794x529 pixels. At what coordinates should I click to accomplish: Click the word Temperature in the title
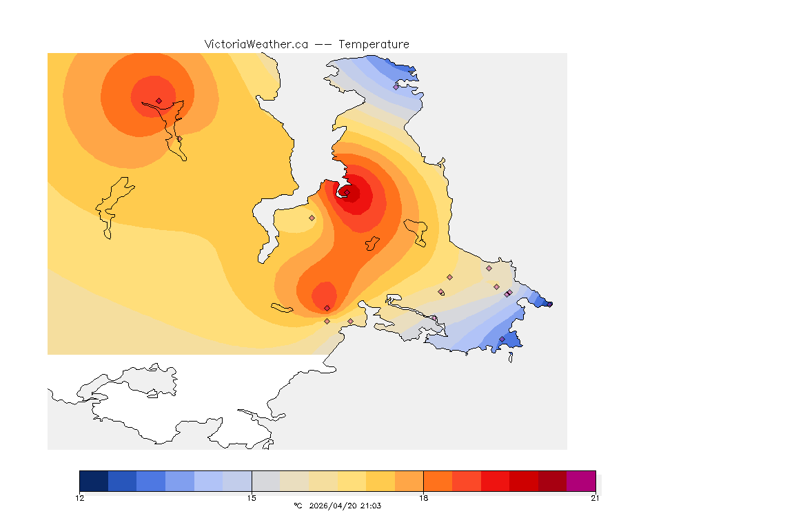point(374,44)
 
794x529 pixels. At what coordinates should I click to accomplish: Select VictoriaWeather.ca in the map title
point(256,44)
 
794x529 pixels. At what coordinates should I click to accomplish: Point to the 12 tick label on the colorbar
point(80,498)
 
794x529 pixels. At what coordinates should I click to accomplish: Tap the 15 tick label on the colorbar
point(252,498)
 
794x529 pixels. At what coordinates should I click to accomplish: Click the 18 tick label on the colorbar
point(423,498)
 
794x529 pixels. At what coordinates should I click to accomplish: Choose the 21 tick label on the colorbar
point(595,498)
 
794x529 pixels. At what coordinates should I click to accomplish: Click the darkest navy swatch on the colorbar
point(94,481)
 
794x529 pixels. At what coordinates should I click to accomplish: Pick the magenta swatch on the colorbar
point(581,481)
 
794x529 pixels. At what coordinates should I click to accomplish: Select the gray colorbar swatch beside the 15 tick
point(265,481)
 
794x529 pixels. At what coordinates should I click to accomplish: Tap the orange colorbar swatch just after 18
point(437,481)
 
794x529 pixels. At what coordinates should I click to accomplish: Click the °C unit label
point(298,506)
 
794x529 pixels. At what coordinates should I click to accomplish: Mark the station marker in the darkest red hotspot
point(347,193)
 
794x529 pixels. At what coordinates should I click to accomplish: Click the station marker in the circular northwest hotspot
point(159,101)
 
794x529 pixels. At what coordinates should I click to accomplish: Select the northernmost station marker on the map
point(396,87)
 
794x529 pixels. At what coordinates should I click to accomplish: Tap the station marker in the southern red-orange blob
point(327,308)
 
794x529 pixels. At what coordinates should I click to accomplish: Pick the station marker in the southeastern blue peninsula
point(502,339)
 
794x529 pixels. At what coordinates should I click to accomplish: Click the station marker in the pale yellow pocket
point(312,218)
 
